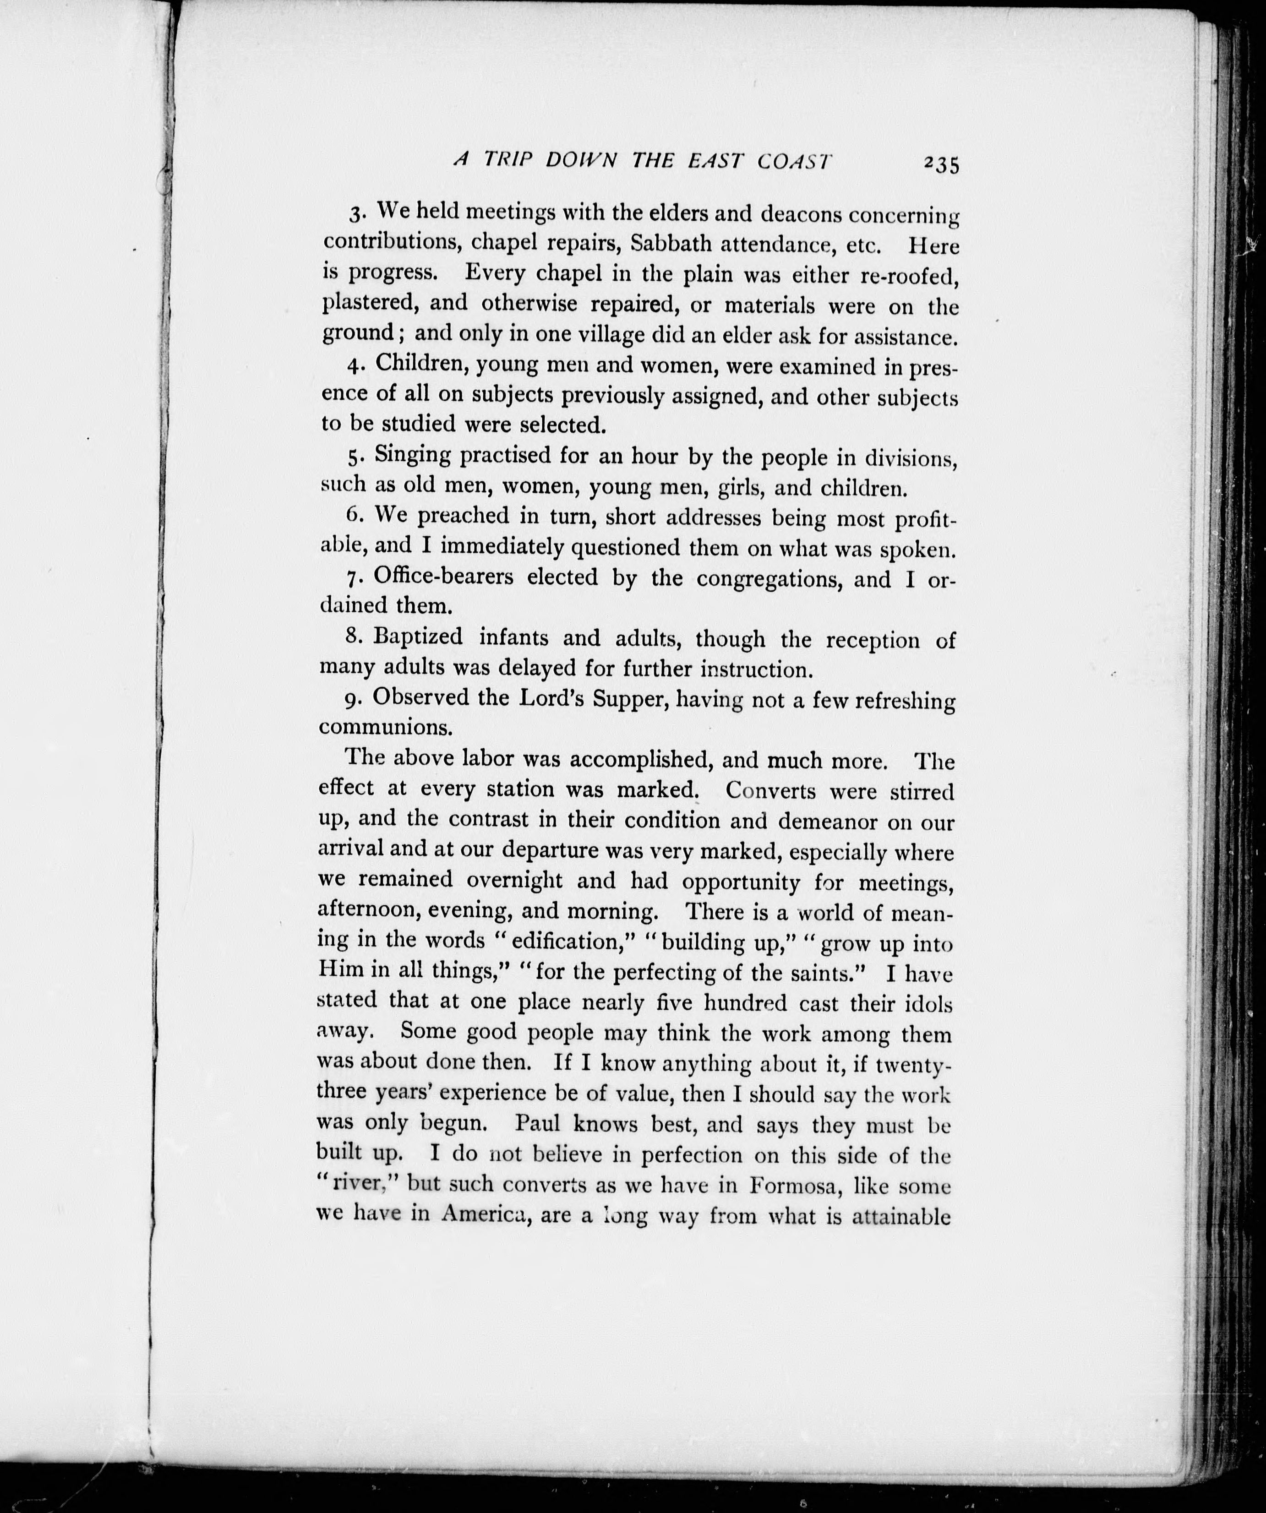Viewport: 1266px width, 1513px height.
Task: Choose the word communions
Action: (386, 727)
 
